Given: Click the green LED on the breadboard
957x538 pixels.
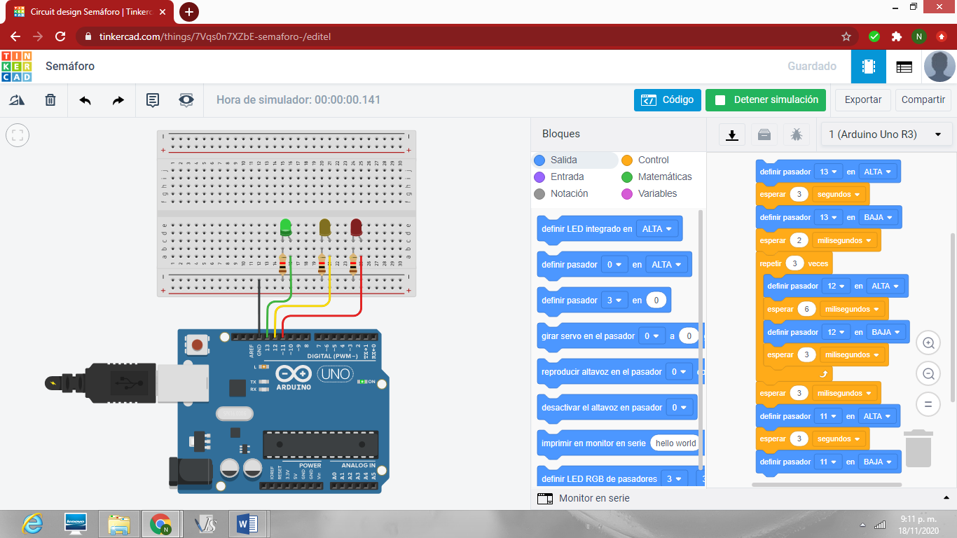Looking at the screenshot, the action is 285,227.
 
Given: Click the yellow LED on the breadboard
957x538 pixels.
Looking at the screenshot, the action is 324,227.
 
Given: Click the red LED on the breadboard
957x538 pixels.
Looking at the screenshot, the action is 356,227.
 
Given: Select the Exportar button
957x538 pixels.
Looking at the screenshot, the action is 862,100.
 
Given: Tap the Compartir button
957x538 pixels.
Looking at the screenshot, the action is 923,100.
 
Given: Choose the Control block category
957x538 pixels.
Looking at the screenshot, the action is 653,160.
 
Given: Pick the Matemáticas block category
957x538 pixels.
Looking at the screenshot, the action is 664,177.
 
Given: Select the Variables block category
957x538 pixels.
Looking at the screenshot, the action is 657,194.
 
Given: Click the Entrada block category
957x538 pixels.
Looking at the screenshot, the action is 567,177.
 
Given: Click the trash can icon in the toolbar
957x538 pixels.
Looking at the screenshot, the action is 50,100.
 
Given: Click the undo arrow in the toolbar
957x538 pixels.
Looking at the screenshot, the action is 85,100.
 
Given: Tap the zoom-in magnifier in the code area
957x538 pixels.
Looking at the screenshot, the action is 928,343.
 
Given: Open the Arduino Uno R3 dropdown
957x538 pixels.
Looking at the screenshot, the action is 886,134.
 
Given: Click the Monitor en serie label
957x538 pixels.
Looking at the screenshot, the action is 593,499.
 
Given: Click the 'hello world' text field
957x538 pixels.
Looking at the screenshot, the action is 675,443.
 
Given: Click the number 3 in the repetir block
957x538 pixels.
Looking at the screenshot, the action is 794,264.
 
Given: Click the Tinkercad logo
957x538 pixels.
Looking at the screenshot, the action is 17,67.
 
